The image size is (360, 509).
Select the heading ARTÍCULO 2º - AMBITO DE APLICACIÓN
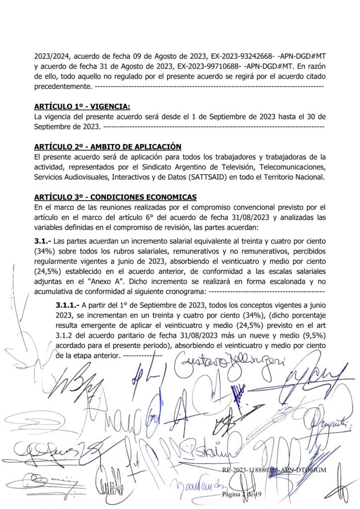tap(107, 147)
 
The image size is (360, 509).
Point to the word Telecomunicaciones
tap(290, 167)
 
